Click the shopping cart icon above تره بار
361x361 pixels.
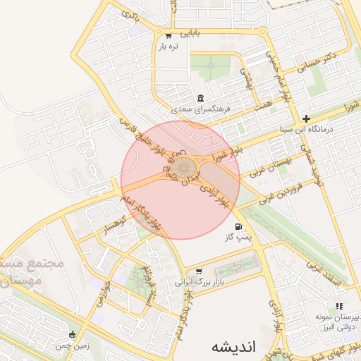point(168,35)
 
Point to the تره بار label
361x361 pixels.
point(169,47)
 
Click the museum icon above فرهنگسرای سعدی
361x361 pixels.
point(201,98)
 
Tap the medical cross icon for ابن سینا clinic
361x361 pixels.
point(306,118)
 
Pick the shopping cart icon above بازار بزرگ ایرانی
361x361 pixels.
point(198,270)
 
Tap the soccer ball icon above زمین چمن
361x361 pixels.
point(73,334)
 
